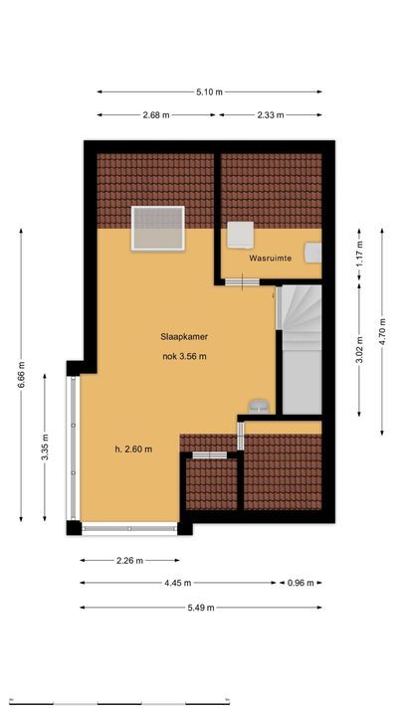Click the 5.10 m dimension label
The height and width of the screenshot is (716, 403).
[x=209, y=91]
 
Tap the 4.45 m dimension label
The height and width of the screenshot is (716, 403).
[x=179, y=583]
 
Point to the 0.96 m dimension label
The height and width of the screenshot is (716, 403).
[x=302, y=583]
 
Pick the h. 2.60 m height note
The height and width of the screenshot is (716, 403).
[x=133, y=448]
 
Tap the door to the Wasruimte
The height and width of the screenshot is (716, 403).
[x=240, y=283]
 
